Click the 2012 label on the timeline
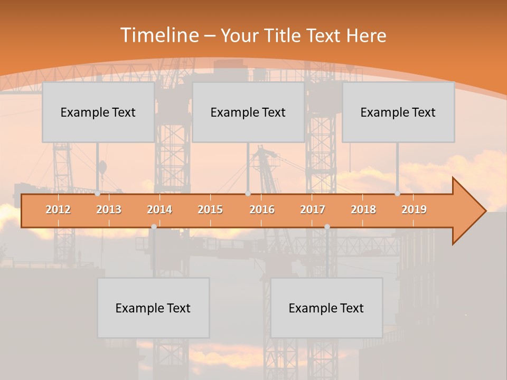[58, 210]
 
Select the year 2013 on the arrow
[109, 210]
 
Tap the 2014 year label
[159, 210]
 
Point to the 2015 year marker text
[210, 210]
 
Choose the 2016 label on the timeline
[262, 210]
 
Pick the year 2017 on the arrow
[313, 210]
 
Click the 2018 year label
[363, 210]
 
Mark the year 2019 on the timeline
[414, 210]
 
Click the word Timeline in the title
[158, 35]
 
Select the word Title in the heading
[283, 35]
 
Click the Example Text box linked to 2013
[98, 112]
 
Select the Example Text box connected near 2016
[248, 112]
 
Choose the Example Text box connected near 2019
[398, 112]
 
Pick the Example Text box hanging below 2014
[153, 308]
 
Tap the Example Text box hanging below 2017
[326, 308]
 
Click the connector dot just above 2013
[98, 194]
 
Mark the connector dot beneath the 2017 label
[327, 226]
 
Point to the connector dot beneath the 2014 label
[154, 226]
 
